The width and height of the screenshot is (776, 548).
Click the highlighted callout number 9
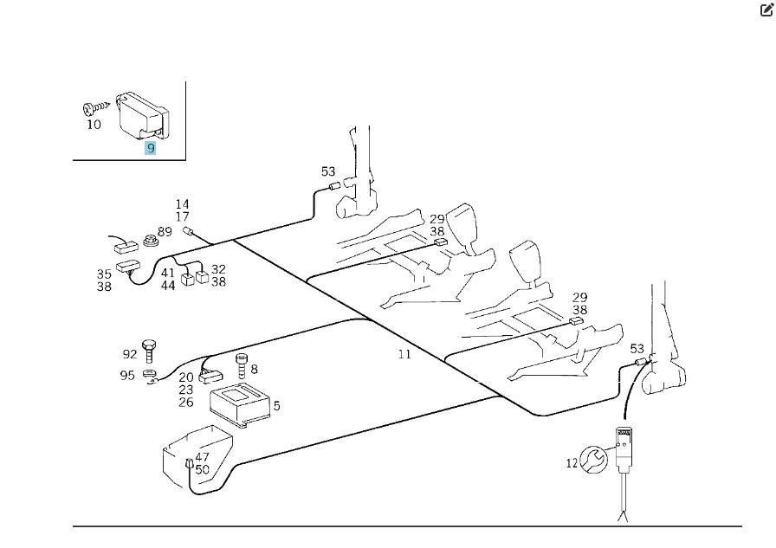pos(151,147)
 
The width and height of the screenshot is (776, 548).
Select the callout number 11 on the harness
pos(404,353)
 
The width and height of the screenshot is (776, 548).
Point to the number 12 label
pos(572,463)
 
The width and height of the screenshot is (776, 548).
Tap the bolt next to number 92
pos(150,349)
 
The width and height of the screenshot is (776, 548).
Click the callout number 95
pos(127,375)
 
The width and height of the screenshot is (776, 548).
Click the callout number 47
pos(202,457)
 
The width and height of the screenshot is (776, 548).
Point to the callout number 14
pos(182,204)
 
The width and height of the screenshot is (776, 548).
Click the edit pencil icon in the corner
pos(766,11)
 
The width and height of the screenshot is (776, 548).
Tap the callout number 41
pos(168,273)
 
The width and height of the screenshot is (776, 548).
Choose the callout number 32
pos(218,269)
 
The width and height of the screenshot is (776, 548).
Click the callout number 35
pos(104,274)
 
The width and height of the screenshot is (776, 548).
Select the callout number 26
pos(186,403)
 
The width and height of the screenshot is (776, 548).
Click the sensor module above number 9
pos(143,113)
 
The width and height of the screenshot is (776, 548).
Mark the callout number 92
pos(129,353)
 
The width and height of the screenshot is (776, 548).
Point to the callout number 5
pos(276,405)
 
